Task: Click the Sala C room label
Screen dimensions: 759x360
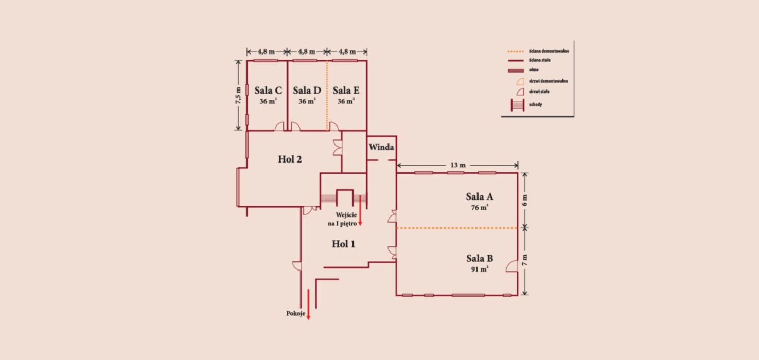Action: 268,91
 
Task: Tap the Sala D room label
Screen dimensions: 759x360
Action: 307,91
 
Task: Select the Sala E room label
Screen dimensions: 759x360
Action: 346,91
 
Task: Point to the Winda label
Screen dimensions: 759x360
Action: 381,147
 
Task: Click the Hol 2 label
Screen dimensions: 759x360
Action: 290,159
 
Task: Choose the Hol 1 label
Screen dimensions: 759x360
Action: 343,244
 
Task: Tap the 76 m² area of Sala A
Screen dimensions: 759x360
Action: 480,207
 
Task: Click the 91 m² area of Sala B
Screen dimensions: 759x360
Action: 480,269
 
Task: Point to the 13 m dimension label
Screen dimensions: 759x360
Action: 458,165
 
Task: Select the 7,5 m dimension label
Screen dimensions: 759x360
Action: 238,96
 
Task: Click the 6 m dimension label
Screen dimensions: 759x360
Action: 524,201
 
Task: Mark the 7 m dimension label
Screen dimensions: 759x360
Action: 524,260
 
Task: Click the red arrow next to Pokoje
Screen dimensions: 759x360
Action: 308,304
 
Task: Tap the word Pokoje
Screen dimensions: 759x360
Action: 295,314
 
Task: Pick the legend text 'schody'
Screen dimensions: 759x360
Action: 536,104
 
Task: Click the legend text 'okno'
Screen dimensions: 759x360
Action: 534,70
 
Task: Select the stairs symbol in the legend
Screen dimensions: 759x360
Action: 518,105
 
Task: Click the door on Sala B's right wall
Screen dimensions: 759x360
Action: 512,266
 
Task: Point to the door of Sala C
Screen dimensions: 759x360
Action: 279,127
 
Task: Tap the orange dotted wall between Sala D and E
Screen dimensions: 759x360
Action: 327,96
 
